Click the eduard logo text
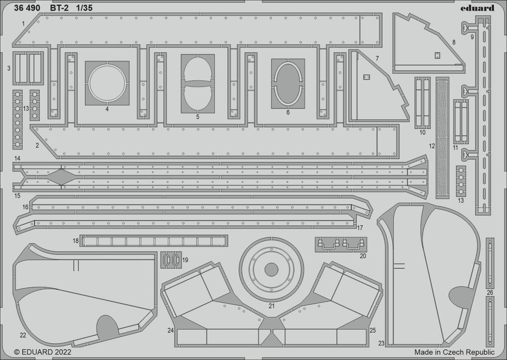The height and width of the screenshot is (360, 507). pos(478,8)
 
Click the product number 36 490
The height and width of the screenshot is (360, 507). pos(27,8)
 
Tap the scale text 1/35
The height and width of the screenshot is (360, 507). pos(84,8)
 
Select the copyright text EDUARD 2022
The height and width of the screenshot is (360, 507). pos(43,352)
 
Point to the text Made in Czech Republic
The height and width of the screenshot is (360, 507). pos(455,352)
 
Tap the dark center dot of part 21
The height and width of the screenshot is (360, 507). pos(271,269)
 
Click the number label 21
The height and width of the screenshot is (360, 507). pos(271,306)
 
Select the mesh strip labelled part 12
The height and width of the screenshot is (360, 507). pos(442,138)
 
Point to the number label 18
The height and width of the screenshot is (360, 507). pos(76,241)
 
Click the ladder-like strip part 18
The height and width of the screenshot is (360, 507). pos(153,241)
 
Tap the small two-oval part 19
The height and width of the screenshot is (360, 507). pos(171,259)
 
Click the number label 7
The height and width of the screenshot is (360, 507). pos(377,58)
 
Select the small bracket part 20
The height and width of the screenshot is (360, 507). pos(341,244)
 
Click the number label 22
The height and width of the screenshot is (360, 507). pos(23,335)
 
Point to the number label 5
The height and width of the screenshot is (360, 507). pos(198,117)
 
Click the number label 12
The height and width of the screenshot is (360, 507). pos(432,146)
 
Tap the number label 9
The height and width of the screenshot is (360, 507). pos(472,37)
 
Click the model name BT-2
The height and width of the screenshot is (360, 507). pos(59,8)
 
